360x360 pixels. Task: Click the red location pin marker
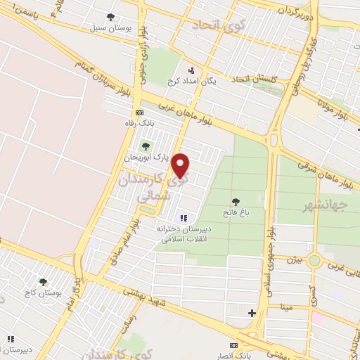pyautogui.click(x=181, y=166)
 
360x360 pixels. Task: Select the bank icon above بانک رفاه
pyautogui.click(x=139, y=112)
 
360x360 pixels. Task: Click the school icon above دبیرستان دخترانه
pyautogui.click(x=184, y=219)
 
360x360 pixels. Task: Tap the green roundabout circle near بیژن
pyautogui.click(x=314, y=262)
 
